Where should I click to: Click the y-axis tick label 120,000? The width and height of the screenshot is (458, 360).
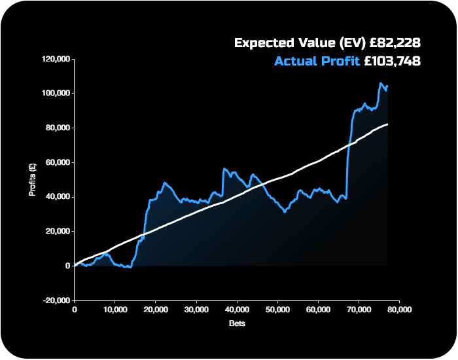click(56, 59)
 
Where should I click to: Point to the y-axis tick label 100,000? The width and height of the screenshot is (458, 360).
click(56, 94)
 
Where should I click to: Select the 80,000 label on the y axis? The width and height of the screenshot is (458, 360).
click(58, 128)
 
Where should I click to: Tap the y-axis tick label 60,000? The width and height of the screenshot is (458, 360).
click(58, 162)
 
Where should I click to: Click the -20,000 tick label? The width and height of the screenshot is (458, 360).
click(56, 300)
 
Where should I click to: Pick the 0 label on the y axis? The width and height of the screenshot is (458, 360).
click(67, 266)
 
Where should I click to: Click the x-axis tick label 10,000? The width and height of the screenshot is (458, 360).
click(114, 310)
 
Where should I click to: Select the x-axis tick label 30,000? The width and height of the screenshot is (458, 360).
click(196, 310)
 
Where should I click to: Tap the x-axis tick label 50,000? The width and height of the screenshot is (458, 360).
click(277, 310)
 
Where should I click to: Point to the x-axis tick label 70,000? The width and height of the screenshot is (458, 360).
click(358, 310)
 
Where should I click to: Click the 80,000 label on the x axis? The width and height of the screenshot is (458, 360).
click(398, 310)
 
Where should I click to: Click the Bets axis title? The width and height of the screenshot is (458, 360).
click(237, 323)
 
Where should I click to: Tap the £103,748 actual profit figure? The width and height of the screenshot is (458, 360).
click(391, 62)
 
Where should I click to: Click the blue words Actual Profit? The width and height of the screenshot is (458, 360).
click(317, 62)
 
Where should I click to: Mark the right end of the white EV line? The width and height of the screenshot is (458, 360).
click(388, 124)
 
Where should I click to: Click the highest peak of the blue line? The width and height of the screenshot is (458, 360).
click(380, 83)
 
